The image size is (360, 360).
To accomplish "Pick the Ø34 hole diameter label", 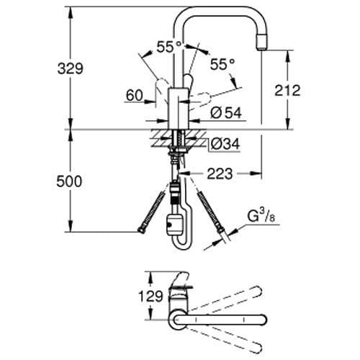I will pyautogui.click(x=225, y=144).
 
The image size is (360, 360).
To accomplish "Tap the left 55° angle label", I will pyautogui.click(x=170, y=46).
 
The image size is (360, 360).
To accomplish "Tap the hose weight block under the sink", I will pyautogui.click(x=175, y=225).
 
